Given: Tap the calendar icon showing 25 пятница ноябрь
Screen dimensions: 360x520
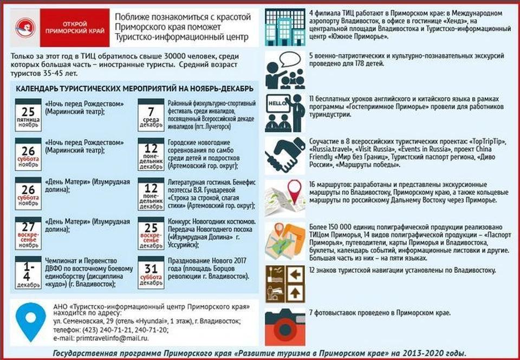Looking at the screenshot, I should [28, 113].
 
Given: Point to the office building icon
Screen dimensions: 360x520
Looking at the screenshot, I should [285, 27].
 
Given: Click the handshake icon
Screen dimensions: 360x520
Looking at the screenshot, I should [285, 154].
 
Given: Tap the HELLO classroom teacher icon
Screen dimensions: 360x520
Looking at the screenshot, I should [285, 113].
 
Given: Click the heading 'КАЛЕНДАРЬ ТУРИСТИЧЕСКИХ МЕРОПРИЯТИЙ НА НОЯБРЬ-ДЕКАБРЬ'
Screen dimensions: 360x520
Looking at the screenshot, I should [134, 89].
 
